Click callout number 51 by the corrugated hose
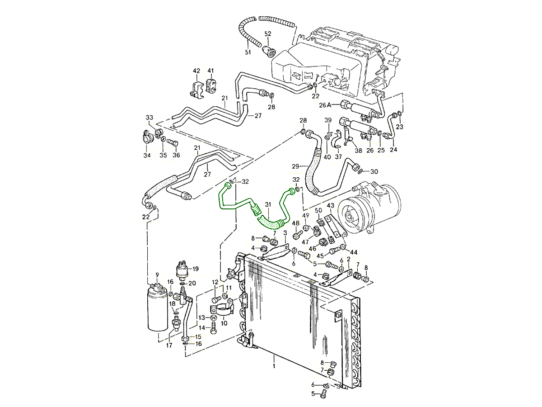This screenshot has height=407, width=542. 248,52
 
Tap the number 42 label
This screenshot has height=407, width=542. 196,71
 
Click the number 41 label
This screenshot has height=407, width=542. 210,71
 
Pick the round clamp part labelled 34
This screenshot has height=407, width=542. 147,137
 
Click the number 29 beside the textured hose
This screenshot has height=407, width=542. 295,167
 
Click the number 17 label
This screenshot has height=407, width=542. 169,346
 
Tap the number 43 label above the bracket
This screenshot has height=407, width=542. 330,206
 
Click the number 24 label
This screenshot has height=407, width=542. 393,150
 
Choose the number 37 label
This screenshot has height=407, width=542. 338,156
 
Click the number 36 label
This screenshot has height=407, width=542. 176,156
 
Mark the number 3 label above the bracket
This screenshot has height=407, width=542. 285,233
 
